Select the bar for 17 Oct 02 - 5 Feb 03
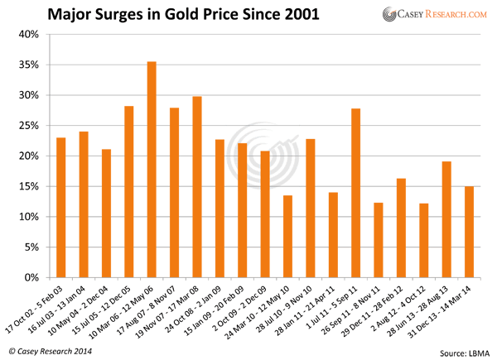click(x=61, y=208)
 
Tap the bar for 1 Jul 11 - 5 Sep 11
click(x=355, y=193)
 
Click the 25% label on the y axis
click(x=29, y=126)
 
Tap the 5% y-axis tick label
click(x=31, y=247)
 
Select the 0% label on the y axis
click(x=31, y=278)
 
